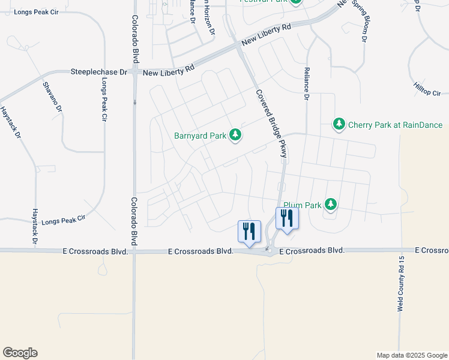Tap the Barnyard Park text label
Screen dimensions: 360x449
pos(200,136)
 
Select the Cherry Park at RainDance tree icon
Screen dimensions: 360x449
pos(339,125)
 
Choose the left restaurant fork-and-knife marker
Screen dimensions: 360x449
pos(249,230)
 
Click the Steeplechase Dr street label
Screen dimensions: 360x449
pos(99,71)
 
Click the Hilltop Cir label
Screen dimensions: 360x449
pos(427,93)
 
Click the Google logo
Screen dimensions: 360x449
pos(20,353)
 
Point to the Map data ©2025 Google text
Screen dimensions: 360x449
pos(412,355)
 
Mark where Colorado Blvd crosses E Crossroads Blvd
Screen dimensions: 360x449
pos(134,251)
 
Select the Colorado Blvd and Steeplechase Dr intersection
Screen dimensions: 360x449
pos(135,71)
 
